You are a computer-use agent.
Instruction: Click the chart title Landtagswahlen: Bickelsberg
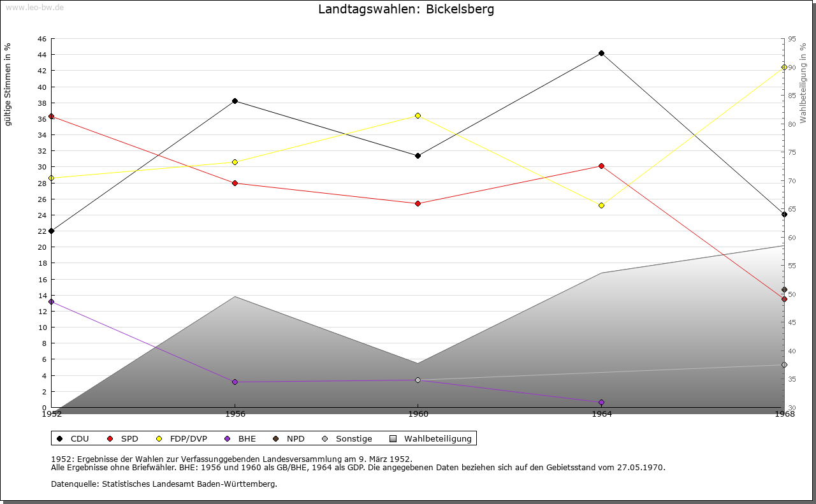point(406,10)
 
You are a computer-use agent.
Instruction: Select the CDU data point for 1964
point(601,54)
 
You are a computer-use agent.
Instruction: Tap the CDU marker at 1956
point(235,101)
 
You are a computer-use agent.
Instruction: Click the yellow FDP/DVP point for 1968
point(784,68)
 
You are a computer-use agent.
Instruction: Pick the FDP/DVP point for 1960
point(418,116)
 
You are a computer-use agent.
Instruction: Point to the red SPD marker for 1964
point(601,166)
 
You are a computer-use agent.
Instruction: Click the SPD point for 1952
point(51,117)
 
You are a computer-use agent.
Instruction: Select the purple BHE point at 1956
point(235,382)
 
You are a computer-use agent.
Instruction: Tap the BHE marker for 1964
point(601,403)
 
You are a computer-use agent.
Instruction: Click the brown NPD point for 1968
point(784,290)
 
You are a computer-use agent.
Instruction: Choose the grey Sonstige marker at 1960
point(418,380)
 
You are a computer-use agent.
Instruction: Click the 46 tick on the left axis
point(41,39)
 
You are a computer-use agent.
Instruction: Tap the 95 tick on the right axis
point(792,39)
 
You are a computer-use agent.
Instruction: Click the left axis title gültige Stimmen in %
point(8,85)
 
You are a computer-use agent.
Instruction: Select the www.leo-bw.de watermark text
point(34,6)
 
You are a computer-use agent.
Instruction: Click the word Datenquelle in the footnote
point(73,484)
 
